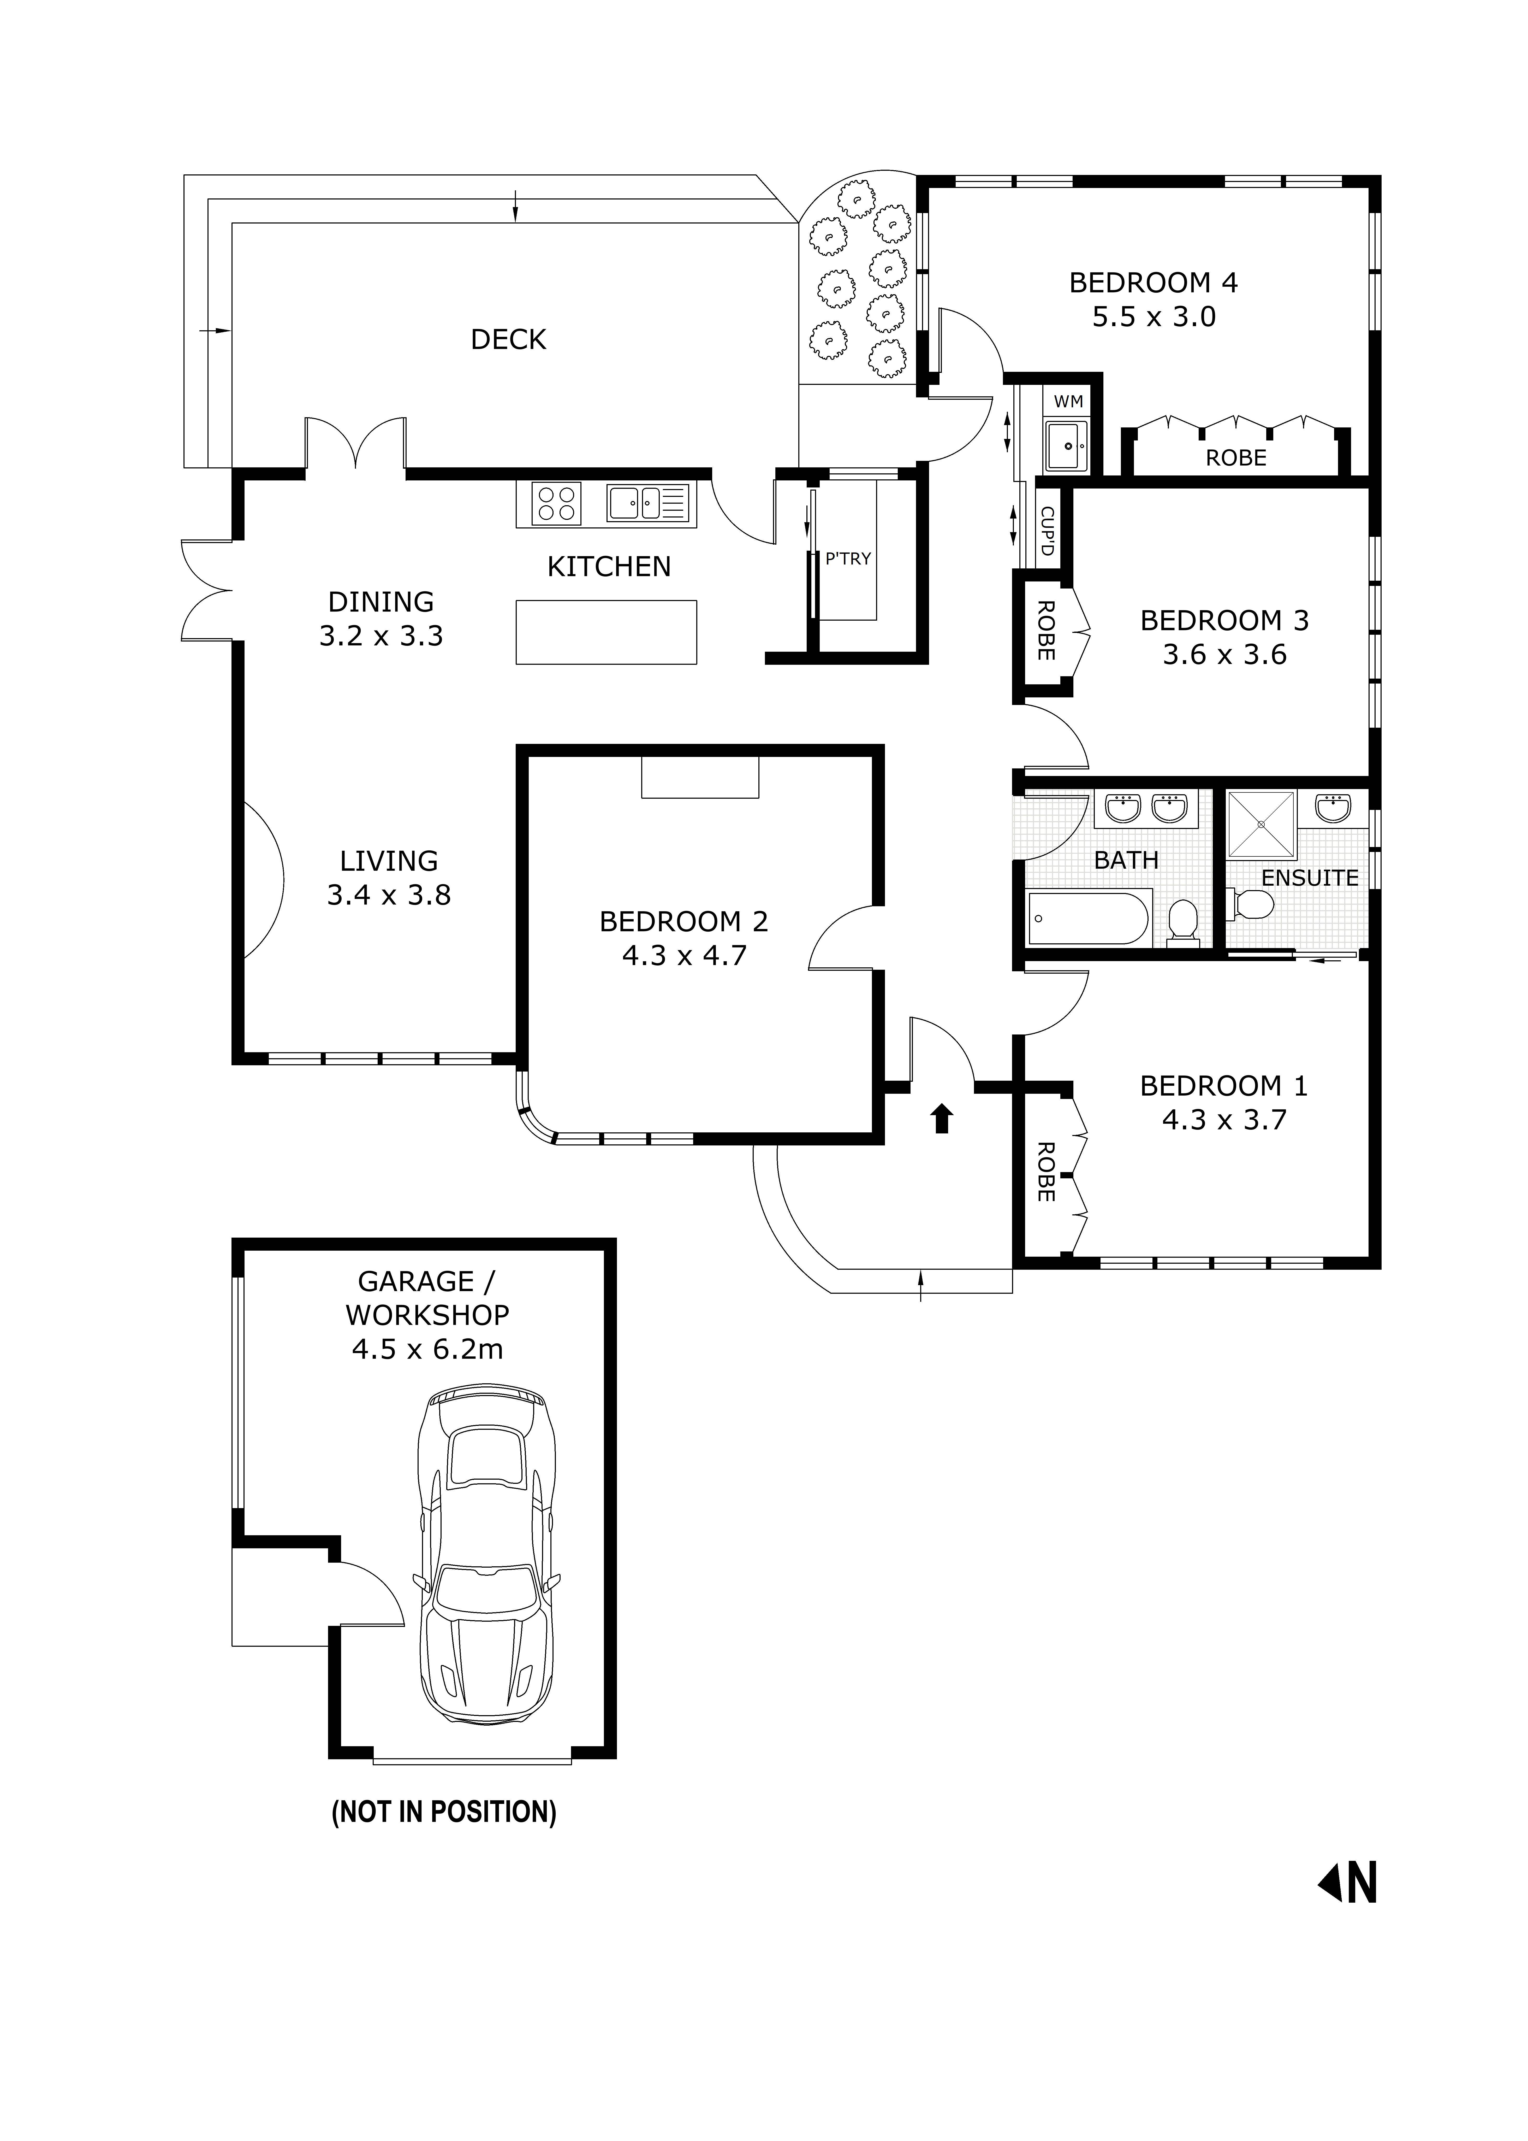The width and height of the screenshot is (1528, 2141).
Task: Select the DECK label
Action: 508,340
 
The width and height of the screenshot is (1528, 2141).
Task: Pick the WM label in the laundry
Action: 1068,402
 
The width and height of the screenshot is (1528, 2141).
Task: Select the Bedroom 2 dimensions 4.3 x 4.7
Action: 684,956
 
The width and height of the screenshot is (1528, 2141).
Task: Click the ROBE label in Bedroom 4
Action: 1235,458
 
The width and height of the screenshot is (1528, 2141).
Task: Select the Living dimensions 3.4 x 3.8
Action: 389,895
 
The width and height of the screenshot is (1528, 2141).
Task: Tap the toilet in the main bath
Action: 1182,920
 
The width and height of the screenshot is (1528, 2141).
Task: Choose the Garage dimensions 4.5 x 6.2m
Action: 427,1350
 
